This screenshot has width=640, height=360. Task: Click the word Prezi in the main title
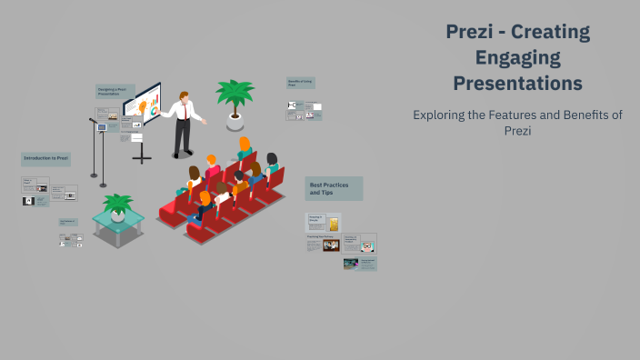(x=469, y=33)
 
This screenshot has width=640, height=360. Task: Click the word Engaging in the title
(x=517, y=58)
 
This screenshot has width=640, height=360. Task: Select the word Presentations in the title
(x=517, y=84)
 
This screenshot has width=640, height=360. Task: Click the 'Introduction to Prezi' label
(x=45, y=158)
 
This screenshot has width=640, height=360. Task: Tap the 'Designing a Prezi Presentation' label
(x=115, y=92)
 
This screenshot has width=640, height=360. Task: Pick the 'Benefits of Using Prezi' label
(x=301, y=82)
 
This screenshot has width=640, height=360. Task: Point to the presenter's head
(x=185, y=96)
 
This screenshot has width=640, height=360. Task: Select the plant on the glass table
(x=117, y=205)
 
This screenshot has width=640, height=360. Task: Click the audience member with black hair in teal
(x=271, y=165)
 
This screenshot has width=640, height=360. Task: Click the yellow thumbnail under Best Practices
(x=334, y=224)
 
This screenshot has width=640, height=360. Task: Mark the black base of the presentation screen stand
(x=142, y=158)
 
